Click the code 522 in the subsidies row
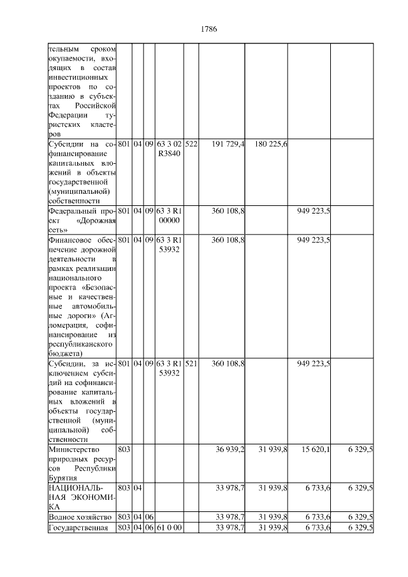click(191, 145)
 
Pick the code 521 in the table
click(191, 363)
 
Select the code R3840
click(169, 154)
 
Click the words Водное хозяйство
click(81, 516)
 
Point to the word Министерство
click(70, 449)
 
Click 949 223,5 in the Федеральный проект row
click(313, 211)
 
